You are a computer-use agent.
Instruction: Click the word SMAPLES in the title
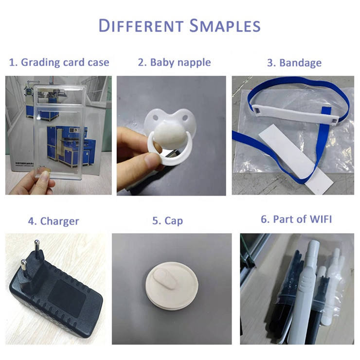[225, 25]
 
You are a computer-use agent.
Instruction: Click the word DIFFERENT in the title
[141, 25]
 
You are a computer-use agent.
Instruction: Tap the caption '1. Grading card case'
[59, 62]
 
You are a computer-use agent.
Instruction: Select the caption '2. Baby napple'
[174, 62]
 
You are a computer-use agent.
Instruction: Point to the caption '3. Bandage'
[294, 63]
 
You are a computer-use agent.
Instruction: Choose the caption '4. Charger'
[54, 221]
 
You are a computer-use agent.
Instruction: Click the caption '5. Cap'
[168, 221]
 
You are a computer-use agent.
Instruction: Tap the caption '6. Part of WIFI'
[296, 219]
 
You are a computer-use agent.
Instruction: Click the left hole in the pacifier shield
[156, 118]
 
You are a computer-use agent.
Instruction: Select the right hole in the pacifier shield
[185, 118]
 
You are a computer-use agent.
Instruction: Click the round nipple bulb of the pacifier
[169, 135]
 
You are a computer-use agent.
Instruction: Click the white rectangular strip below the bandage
[296, 159]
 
